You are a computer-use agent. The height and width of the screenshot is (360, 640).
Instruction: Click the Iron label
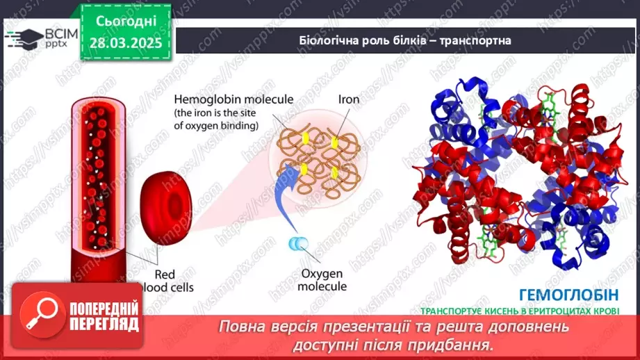[348, 99]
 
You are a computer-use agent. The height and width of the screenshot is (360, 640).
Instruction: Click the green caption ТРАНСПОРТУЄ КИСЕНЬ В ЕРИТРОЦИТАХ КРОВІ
[519, 311]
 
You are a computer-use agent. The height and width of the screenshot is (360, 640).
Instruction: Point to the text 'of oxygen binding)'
[216, 126]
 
